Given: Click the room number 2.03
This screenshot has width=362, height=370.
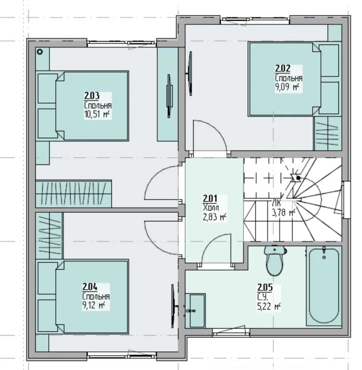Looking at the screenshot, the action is pyautogui.click(x=92, y=96).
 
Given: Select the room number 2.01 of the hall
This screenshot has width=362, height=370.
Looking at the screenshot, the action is pyautogui.click(x=210, y=198).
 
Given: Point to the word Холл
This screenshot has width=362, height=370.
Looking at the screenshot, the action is pyautogui.click(x=211, y=208).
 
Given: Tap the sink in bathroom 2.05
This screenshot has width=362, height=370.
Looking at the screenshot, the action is pyautogui.click(x=195, y=311).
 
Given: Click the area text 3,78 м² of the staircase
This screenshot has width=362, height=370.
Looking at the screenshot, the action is pyautogui.click(x=284, y=213).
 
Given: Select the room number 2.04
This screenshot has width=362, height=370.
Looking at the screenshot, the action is pyautogui.click(x=90, y=287).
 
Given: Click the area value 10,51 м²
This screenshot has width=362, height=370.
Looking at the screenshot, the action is pyautogui.click(x=97, y=114).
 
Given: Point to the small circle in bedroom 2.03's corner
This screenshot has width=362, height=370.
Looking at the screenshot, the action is pyautogui.click(x=40, y=52).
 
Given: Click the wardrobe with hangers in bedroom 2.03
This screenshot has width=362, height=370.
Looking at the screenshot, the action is pyautogui.click(x=74, y=194).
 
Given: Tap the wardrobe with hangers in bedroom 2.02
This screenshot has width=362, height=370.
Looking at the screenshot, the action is pyautogui.click(x=327, y=134).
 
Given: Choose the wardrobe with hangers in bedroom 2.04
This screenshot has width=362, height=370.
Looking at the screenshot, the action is pyautogui.click(x=49, y=236).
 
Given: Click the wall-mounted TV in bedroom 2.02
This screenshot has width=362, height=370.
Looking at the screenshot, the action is pyautogui.click(x=190, y=74).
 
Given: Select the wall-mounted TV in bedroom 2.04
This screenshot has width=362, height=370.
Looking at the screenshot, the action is pyautogui.click(x=173, y=306).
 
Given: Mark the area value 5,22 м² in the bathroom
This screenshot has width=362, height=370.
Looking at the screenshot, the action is pyautogui.click(x=269, y=307).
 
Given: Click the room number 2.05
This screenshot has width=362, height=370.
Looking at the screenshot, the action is pyautogui.click(x=265, y=287).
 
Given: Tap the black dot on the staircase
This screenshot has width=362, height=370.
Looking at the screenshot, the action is pyautogui.click(x=298, y=178).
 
